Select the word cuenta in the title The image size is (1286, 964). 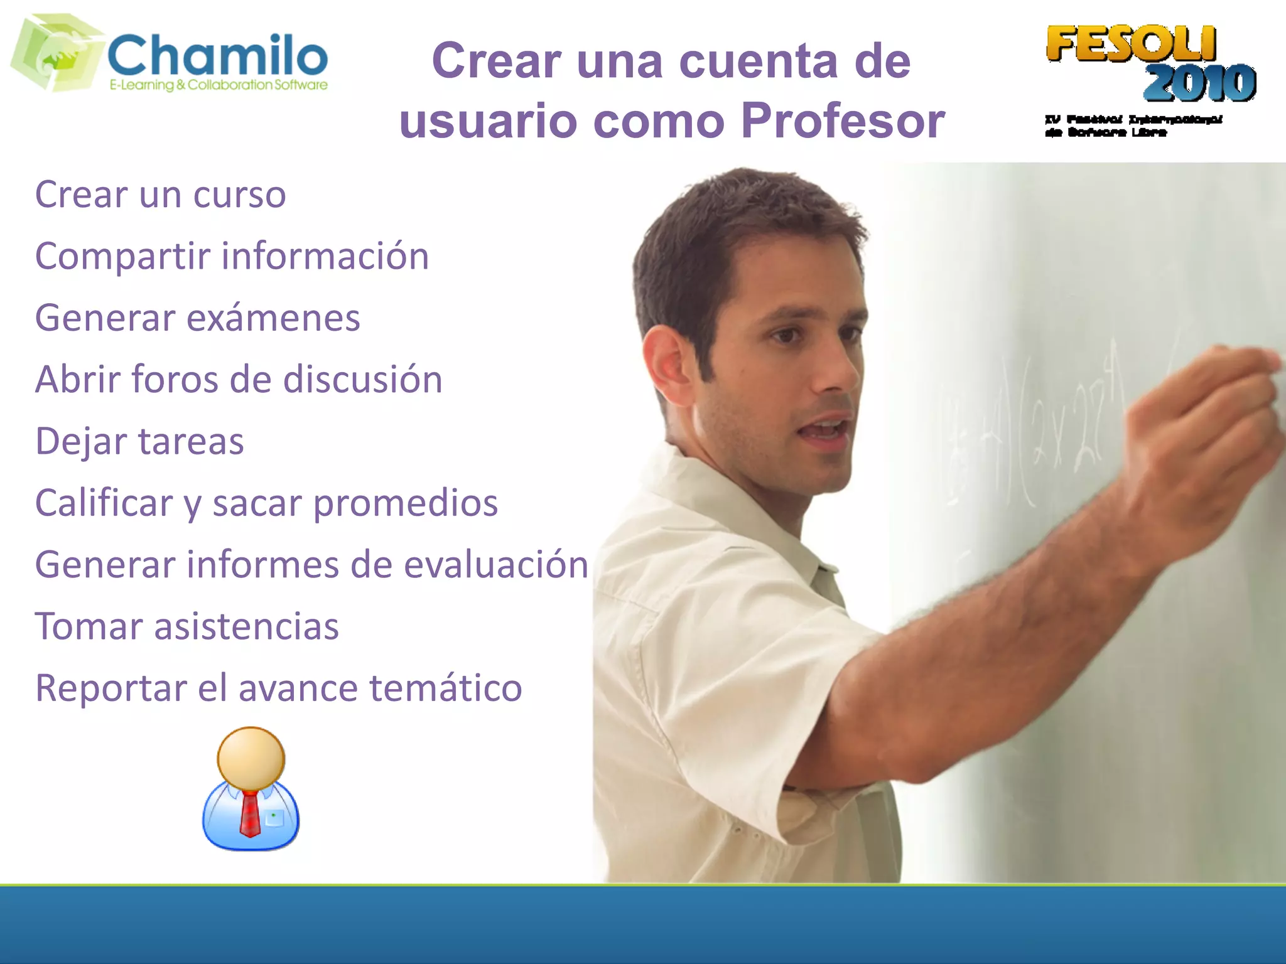click(x=759, y=61)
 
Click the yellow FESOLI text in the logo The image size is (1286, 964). click(x=1131, y=44)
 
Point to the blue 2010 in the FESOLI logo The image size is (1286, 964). click(x=1199, y=83)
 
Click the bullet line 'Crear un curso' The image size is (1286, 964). click(x=161, y=195)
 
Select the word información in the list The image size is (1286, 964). click(x=325, y=256)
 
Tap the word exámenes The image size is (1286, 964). click(x=273, y=318)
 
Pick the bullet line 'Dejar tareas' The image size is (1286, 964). click(x=139, y=441)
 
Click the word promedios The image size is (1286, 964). click(x=405, y=503)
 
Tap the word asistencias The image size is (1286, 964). click(x=246, y=626)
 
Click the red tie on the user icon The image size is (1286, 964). click(x=250, y=813)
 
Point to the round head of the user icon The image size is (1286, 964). click(x=251, y=758)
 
